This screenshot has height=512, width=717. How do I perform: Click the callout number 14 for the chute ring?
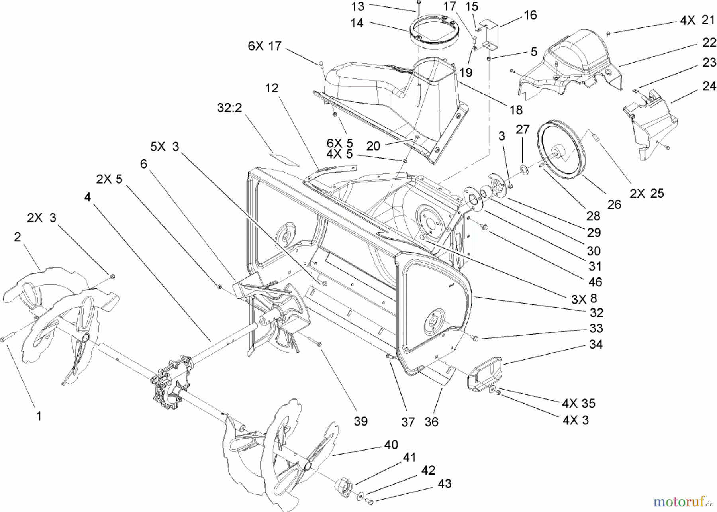[x=357, y=23]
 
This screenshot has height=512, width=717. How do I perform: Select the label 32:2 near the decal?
[x=230, y=108]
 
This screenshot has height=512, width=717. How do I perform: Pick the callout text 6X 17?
[x=264, y=46]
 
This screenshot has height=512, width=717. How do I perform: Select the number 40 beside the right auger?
[x=391, y=445]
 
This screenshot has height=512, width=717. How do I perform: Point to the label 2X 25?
[x=647, y=193]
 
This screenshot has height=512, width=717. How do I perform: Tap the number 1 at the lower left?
[x=39, y=416]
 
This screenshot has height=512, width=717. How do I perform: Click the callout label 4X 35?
[x=578, y=403]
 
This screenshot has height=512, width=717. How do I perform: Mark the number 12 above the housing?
[x=272, y=88]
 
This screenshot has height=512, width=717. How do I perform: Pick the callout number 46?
[x=595, y=282]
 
